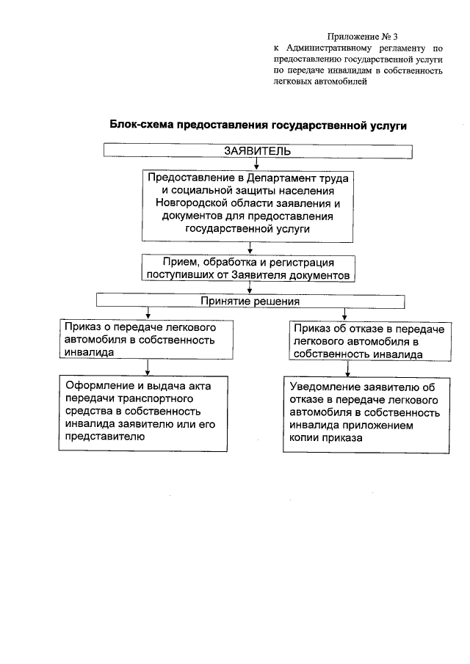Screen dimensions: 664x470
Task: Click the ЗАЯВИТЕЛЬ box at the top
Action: pyautogui.click(x=257, y=151)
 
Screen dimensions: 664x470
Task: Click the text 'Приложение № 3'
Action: pyautogui.click(x=363, y=36)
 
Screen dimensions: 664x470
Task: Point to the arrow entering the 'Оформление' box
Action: pyautogui.click(x=148, y=367)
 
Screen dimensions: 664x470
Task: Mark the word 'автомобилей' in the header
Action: pyautogui.click(x=339, y=82)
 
